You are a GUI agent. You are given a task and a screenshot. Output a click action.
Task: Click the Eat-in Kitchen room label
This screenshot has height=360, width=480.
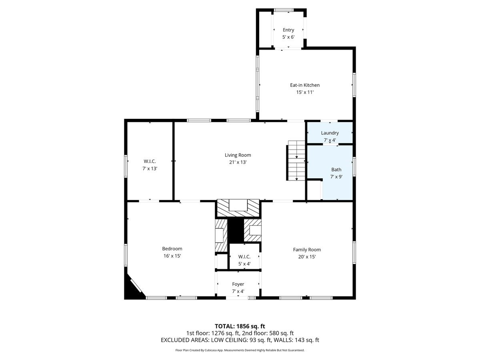click(x=305, y=85)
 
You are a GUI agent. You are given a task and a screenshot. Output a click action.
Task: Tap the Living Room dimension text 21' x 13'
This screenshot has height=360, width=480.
click(x=238, y=162)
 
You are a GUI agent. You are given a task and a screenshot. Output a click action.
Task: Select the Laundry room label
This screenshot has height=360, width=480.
click(x=330, y=133)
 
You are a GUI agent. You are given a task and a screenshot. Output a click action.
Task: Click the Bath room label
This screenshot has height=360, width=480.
click(x=336, y=170)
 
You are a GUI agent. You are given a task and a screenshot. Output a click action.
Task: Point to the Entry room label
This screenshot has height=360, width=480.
click(x=288, y=30)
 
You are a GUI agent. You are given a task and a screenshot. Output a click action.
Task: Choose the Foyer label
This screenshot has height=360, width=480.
click(x=238, y=284)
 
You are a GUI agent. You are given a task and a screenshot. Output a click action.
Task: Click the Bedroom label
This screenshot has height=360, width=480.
click(x=172, y=249)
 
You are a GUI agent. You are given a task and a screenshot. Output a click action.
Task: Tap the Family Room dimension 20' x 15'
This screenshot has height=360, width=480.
click(x=307, y=257)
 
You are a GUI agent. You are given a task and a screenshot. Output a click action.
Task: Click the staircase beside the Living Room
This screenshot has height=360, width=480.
click(x=296, y=161)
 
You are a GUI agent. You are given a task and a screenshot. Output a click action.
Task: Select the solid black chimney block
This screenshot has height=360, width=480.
click(x=236, y=231)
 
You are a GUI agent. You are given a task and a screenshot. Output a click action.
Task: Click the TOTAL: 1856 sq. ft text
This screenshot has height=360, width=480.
click(x=240, y=326)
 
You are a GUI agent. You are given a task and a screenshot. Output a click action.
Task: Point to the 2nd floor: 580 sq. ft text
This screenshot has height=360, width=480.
click(x=268, y=333)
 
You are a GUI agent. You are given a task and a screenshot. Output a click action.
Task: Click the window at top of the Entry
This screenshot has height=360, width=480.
click(x=284, y=10)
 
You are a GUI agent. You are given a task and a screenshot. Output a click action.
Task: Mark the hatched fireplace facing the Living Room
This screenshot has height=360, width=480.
click(x=238, y=208)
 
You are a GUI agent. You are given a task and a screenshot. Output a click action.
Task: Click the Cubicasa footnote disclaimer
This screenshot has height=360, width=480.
click(x=240, y=350)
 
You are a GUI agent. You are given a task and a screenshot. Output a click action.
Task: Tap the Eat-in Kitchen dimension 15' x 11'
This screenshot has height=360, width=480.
click(x=305, y=92)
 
